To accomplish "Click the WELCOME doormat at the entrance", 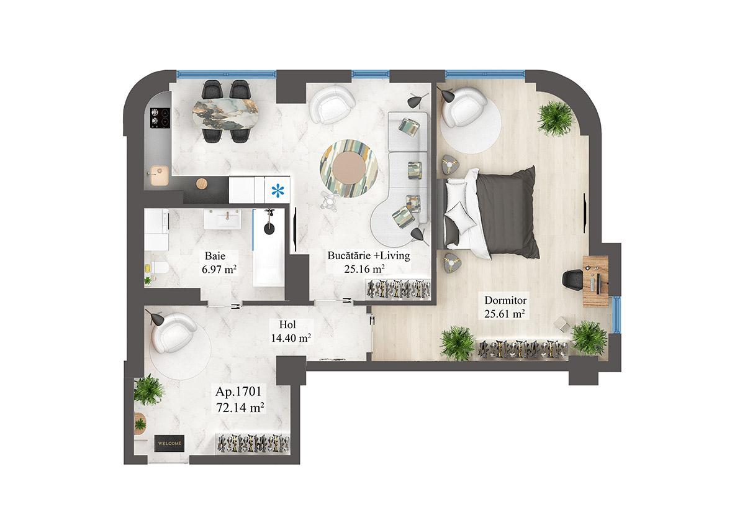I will [x=169, y=443].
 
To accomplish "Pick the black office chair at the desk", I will [x=571, y=278].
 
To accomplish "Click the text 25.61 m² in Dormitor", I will [x=505, y=314].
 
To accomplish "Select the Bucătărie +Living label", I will [x=369, y=255].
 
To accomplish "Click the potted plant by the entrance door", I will [x=149, y=389].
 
